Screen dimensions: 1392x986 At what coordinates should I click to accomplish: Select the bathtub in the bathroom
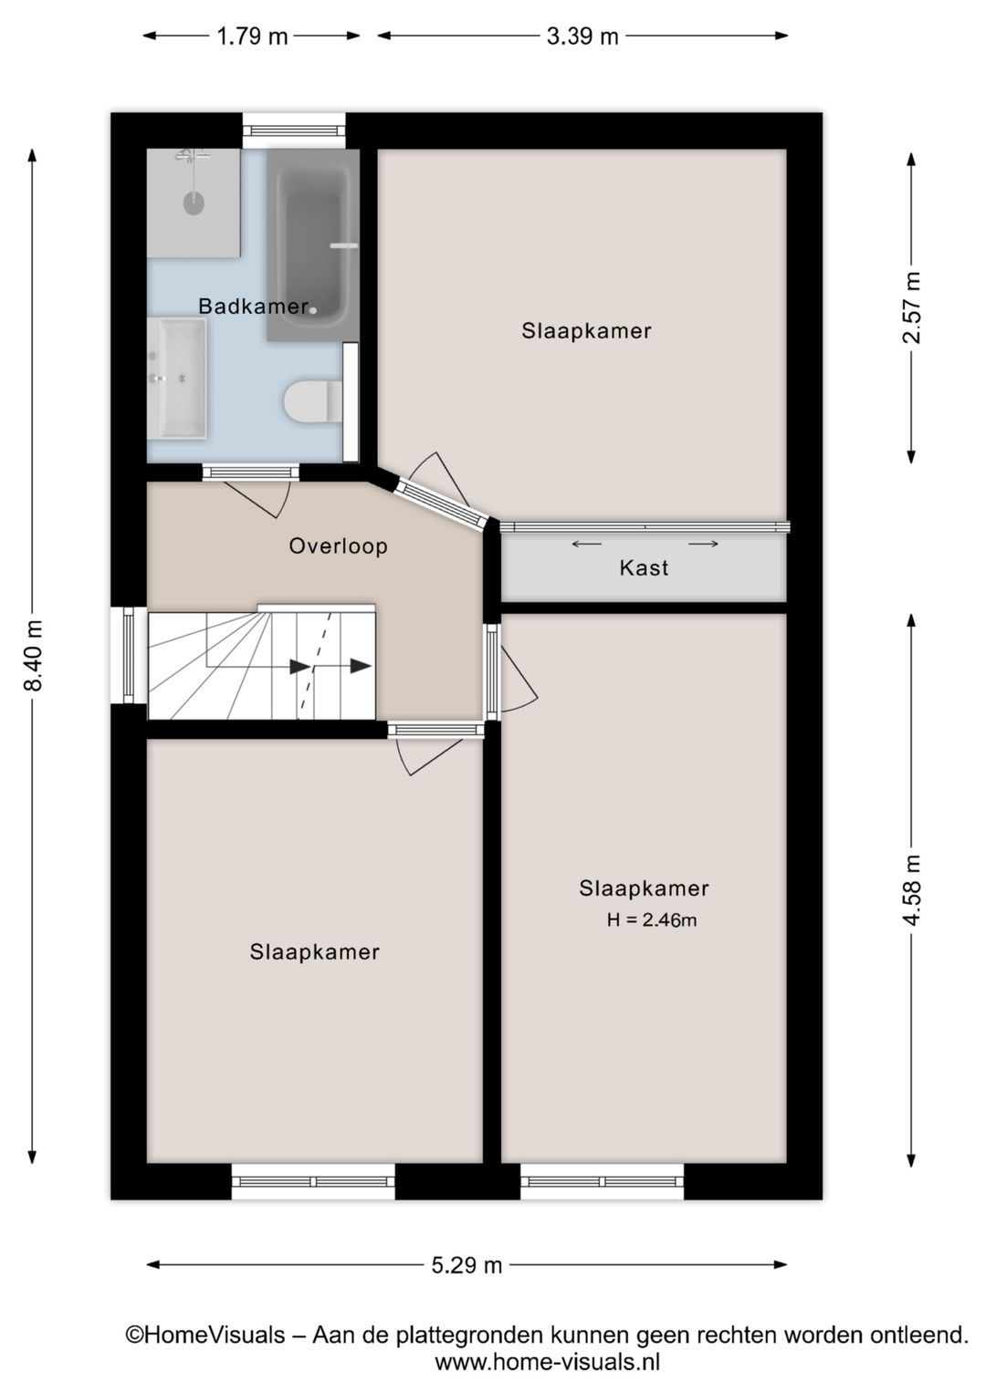point(311,244)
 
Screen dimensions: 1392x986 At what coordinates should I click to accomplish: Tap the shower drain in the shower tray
point(194,203)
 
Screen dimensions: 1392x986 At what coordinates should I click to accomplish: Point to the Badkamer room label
point(253,306)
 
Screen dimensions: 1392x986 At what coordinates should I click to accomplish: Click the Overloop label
point(338,546)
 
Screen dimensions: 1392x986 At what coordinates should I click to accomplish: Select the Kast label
point(644,568)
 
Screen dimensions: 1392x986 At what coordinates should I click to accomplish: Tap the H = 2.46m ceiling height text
point(651,920)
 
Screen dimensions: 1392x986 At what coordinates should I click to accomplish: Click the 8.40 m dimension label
point(33,655)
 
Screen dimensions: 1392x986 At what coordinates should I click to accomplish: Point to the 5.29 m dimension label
point(467,1265)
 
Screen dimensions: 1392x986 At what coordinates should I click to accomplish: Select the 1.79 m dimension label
point(252,36)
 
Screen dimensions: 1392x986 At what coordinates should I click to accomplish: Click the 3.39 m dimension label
point(582,36)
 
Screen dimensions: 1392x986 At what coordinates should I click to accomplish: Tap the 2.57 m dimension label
point(911,307)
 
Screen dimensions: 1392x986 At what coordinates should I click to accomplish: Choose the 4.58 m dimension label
point(911,890)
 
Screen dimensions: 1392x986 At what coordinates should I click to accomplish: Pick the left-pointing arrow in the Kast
point(586,545)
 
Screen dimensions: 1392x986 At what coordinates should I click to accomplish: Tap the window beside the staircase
point(129,655)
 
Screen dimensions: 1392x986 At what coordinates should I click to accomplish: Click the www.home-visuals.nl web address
point(547,1363)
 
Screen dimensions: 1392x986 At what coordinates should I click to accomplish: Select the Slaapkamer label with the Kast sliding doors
point(586,331)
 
